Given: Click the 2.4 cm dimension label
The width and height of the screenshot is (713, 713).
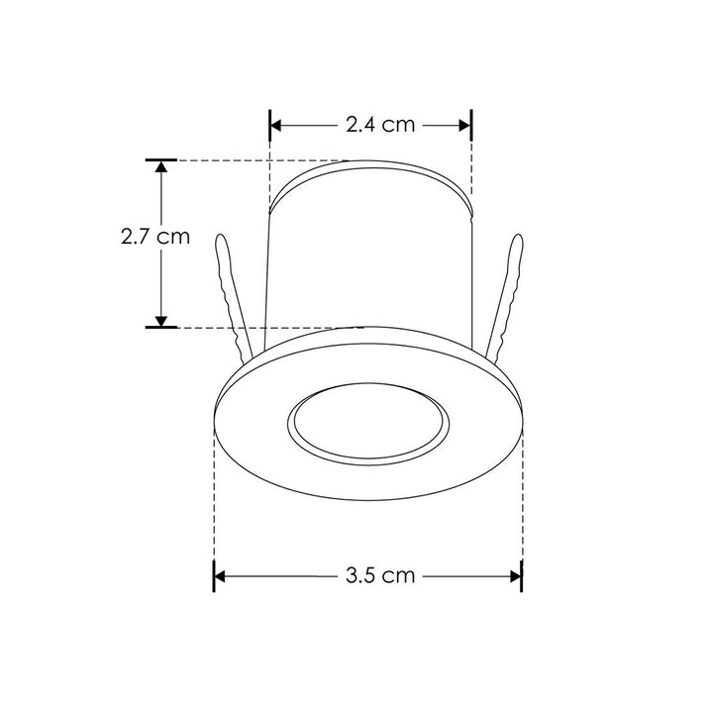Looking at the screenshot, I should click(379, 126).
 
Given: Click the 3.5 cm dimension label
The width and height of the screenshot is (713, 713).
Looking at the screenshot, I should click(380, 575).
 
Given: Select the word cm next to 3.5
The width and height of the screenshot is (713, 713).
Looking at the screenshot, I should click(399, 575).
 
